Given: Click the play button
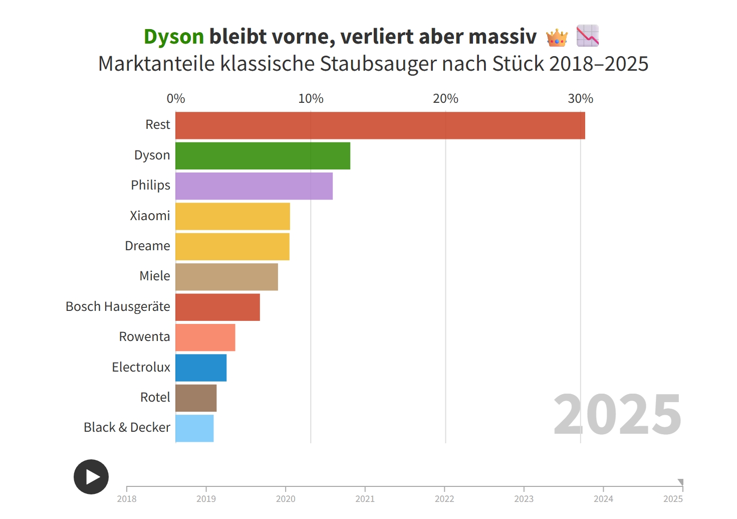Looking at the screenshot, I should [x=91, y=476].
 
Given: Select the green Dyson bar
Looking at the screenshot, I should [x=263, y=155].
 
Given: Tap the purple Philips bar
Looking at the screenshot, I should [x=254, y=186].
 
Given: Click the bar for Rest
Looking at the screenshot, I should [x=380, y=125].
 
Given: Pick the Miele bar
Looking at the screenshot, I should [x=226, y=277].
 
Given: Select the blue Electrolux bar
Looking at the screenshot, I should [x=201, y=368].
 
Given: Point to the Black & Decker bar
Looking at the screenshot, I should [x=194, y=428].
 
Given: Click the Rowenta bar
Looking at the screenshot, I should [x=205, y=337].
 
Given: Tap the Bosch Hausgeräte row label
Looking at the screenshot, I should [x=118, y=306].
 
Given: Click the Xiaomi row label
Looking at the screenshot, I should [x=150, y=216].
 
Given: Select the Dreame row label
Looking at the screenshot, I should [x=147, y=246].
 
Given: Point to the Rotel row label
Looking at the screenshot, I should [x=155, y=397].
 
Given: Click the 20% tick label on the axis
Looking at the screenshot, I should [x=445, y=99].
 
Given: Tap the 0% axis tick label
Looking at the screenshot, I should [x=176, y=99].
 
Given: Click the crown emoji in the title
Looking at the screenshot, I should [x=557, y=37].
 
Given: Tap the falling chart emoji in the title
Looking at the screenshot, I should [x=588, y=36].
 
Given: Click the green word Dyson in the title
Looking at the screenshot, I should [x=173, y=37].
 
